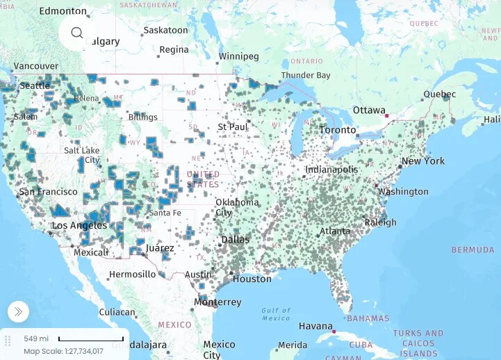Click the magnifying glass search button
(76, 33)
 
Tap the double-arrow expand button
(18, 311)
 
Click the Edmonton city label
(63, 11)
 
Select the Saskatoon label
(165, 31)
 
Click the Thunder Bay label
(306, 75)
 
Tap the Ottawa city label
(369, 111)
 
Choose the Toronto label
(338, 130)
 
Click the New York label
(423, 161)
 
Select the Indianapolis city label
(331, 170)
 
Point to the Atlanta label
(335, 231)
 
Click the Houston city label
(252, 279)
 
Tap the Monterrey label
(217, 302)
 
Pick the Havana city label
(315, 326)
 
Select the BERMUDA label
(473, 249)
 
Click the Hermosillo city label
(132, 275)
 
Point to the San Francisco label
(48, 192)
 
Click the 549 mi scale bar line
(91, 340)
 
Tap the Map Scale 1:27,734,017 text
(63, 351)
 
